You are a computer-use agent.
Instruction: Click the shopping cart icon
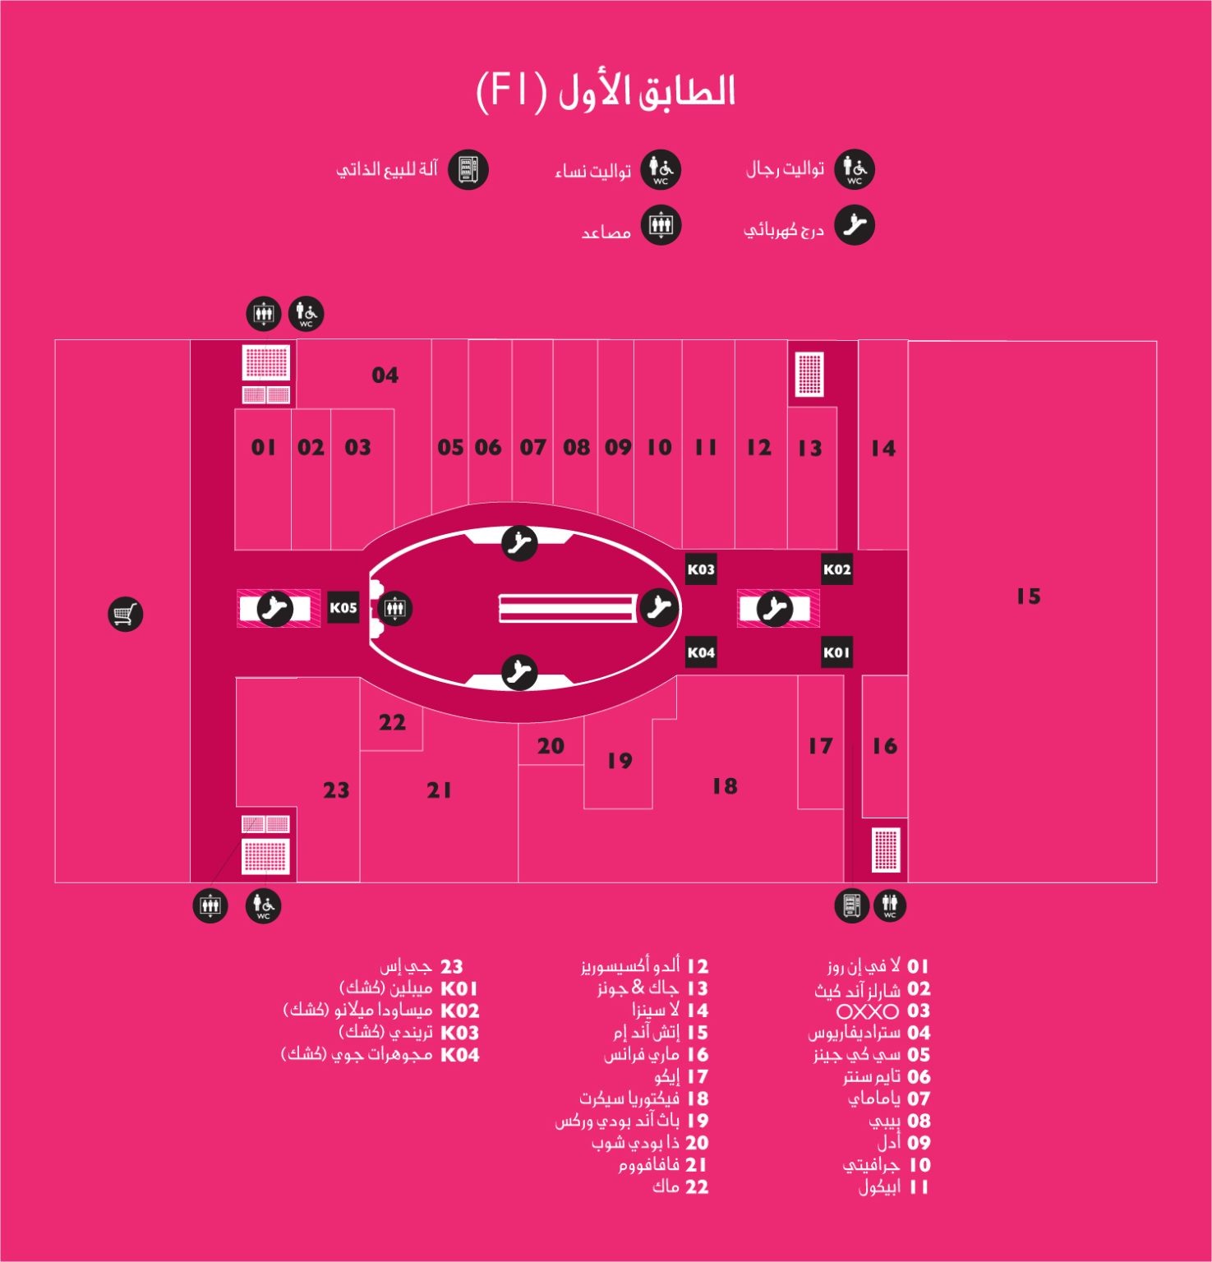tap(126, 614)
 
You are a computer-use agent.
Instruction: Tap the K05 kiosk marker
tap(343, 608)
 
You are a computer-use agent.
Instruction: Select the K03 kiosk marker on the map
tap(701, 569)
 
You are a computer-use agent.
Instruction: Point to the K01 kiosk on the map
tap(836, 652)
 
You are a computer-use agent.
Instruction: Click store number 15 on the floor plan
tap(1028, 596)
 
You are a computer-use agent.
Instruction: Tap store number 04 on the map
tap(385, 375)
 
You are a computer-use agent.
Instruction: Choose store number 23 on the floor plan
tap(336, 790)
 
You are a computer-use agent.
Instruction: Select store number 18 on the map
tap(725, 786)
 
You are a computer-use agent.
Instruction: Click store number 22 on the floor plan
tap(392, 723)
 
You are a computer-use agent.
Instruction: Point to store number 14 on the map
tap(883, 449)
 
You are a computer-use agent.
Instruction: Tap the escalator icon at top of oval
tap(519, 542)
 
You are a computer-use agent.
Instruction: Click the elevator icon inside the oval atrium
tap(395, 609)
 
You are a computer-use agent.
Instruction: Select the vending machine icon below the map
tap(851, 905)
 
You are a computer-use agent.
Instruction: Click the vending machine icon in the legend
tap(468, 169)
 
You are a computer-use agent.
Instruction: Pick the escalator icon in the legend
tap(855, 225)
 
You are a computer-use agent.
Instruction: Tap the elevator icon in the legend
tap(661, 225)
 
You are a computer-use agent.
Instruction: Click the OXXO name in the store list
tap(868, 1011)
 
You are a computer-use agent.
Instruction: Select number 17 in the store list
tap(698, 1077)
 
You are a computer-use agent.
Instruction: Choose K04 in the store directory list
tap(460, 1055)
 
